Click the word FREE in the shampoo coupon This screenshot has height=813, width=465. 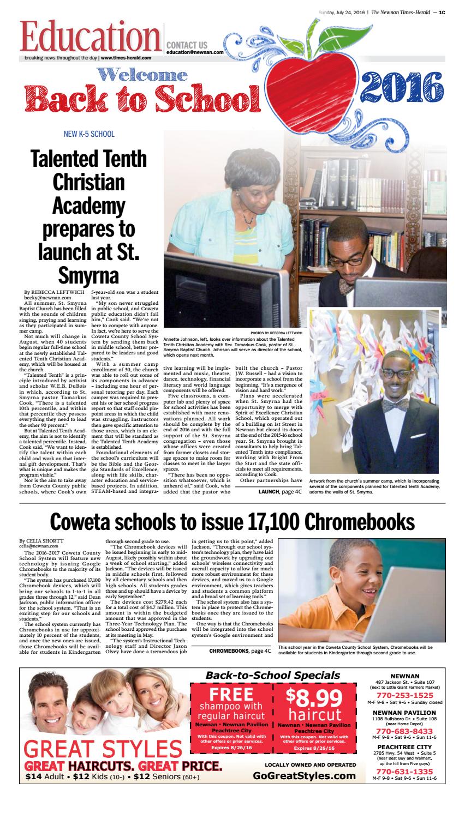[x=232, y=694]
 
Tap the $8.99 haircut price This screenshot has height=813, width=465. [x=315, y=698]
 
